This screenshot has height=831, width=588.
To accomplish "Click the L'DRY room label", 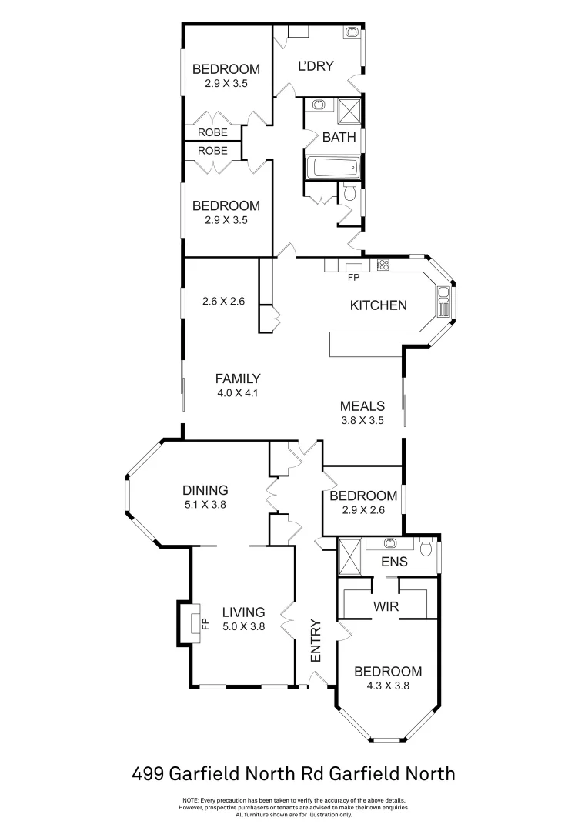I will pos(316,66).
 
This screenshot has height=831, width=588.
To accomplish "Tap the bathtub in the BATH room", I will pos(329,168).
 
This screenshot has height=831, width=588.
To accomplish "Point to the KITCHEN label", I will pos(378,305).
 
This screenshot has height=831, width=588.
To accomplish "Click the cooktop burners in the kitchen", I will pos(383,265).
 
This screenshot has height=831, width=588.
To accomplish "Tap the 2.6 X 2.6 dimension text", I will pos(223,302).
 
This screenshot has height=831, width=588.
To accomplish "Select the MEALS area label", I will pos(362,406).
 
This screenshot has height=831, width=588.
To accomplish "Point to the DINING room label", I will pos(205,490).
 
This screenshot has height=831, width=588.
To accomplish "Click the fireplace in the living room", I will pos(189,622).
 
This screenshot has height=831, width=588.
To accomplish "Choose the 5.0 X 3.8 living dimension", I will pos(243,626).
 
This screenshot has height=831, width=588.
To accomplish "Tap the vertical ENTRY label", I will pos(315,641).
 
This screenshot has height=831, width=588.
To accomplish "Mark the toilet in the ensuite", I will pos(426,547).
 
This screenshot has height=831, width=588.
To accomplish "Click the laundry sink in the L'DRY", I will pos(351,32).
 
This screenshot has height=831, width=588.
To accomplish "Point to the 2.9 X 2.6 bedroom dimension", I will pos(362,510).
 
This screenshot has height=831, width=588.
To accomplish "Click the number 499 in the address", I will pos(148,773).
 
